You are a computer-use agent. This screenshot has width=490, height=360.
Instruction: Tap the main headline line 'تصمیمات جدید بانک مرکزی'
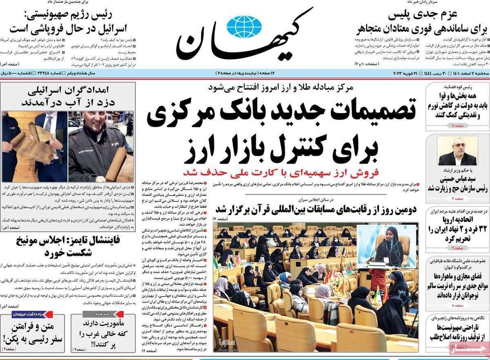281,113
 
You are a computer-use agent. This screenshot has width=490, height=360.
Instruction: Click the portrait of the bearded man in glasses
457,151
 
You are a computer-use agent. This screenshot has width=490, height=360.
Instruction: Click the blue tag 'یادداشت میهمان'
49,314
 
